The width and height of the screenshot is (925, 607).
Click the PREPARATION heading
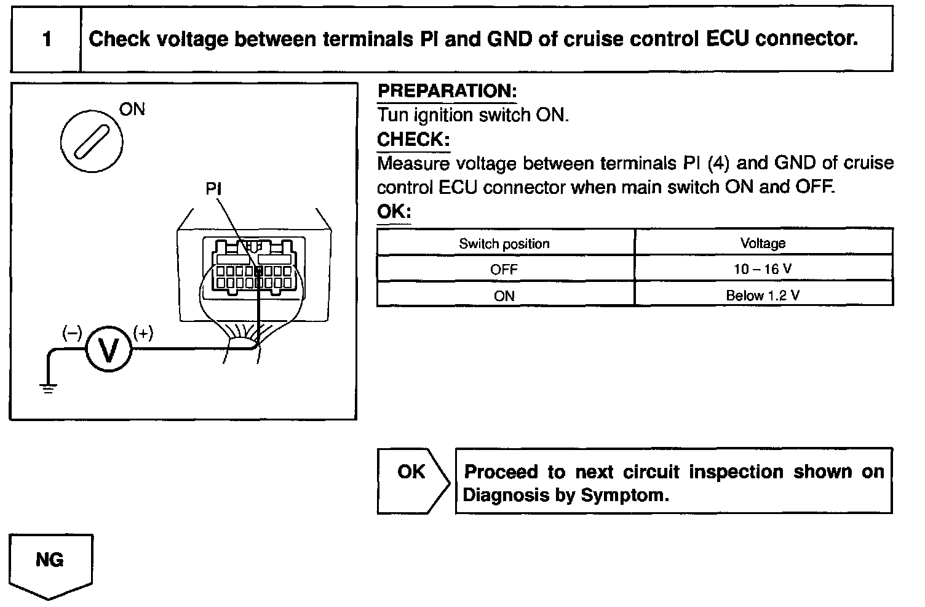point(447,91)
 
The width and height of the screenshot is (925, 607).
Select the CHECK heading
point(413,140)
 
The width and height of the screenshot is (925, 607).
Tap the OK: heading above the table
point(394,212)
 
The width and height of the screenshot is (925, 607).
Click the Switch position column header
point(504,243)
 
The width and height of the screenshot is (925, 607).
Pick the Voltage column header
point(763,243)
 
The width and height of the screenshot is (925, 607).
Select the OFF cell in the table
point(504,270)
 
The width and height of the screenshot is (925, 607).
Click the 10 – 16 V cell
point(763,270)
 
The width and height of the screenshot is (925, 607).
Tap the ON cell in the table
point(504,296)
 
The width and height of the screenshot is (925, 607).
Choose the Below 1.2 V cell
point(763,295)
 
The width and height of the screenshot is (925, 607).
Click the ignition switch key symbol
point(92,142)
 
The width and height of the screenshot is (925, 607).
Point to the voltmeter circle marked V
point(108,349)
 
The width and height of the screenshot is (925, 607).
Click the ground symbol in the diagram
point(48,388)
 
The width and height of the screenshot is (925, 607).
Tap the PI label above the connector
point(213,189)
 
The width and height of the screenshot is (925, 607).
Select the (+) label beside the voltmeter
point(143,334)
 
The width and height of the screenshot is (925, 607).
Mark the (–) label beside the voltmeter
point(72,333)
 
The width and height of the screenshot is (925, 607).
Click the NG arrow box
point(50,564)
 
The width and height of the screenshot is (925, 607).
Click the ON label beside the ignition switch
point(132,110)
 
